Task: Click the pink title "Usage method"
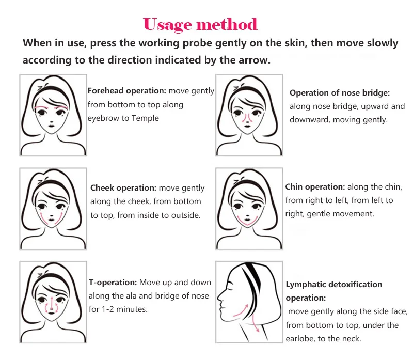pos(200,25)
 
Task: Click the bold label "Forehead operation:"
pos(127,91)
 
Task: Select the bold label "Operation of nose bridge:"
pos(340,93)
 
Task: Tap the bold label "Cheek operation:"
pos(123,188)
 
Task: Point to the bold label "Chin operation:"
pos(315,187)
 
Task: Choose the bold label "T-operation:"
pos(113,282)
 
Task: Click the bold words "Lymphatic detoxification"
pos(334,285)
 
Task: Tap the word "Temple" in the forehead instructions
pos(145,118)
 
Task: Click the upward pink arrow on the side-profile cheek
pos(242,311)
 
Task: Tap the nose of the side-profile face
pos(219,297)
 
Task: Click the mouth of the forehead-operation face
pos(52,126)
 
